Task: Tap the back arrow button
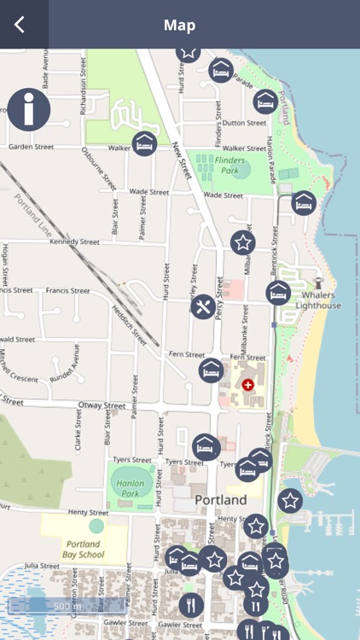coord(20,25)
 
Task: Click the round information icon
coord(29,109)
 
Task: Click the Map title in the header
coord(180,25)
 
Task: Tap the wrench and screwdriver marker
coord(203,307)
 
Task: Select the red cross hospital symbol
coord(248,386)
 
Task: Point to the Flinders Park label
coord(230,164)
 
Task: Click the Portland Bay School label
coord(83,549)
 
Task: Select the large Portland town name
coord(220,499)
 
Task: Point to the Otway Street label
coord(102,406)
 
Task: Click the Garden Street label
coord(31,147)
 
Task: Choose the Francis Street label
coord(67,291)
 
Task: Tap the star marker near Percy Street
coord(243,242)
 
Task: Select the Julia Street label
coord(42,565)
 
